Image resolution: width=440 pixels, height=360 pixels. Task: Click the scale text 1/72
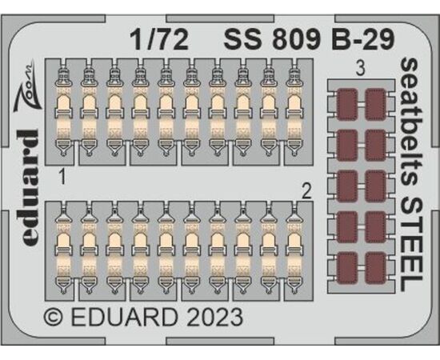click(x=160, y=41)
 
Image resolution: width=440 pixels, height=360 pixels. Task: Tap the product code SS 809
click(x=272, y=39)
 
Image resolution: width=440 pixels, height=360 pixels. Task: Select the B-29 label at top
click(x=363, y=39)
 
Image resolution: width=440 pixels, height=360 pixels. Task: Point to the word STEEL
click(x=411, y=244)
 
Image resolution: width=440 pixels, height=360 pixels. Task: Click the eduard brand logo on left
click(x=29, y=187)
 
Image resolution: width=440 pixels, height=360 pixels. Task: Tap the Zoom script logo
click(x=27, y=86)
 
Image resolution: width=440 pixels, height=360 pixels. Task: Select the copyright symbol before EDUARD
click(x=53, y=318)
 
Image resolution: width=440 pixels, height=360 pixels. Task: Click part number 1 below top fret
click(x=63, y=178)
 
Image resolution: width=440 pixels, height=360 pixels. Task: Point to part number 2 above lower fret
click(x=306, y=192)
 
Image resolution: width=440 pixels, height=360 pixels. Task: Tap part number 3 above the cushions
click(x=360, y=69)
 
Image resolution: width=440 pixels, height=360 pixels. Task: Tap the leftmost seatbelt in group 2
click(x=64, y=250)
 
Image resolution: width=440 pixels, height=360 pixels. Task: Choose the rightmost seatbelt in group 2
click(x=294, y=250)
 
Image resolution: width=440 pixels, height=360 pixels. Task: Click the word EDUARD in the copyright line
click(x=125, y=318)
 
